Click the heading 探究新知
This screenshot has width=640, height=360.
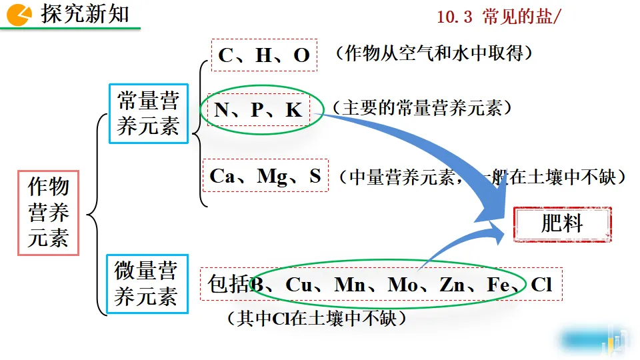pos(85,13)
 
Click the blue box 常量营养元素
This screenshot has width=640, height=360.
pos(148,113)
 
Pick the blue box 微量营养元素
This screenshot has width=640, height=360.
pos(146,285)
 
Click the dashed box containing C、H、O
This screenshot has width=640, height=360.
pos(264,55)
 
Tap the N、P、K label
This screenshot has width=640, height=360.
pos(259,110)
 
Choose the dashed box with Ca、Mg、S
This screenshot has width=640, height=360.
pos(265,176)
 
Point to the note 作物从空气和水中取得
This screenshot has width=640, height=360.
pos(434,54)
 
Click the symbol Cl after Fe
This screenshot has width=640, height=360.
pos(541,285)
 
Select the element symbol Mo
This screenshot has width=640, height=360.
pos(402,285)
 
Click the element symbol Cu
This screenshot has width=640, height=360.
pos(299,285)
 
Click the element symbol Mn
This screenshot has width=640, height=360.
pos(350,285)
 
